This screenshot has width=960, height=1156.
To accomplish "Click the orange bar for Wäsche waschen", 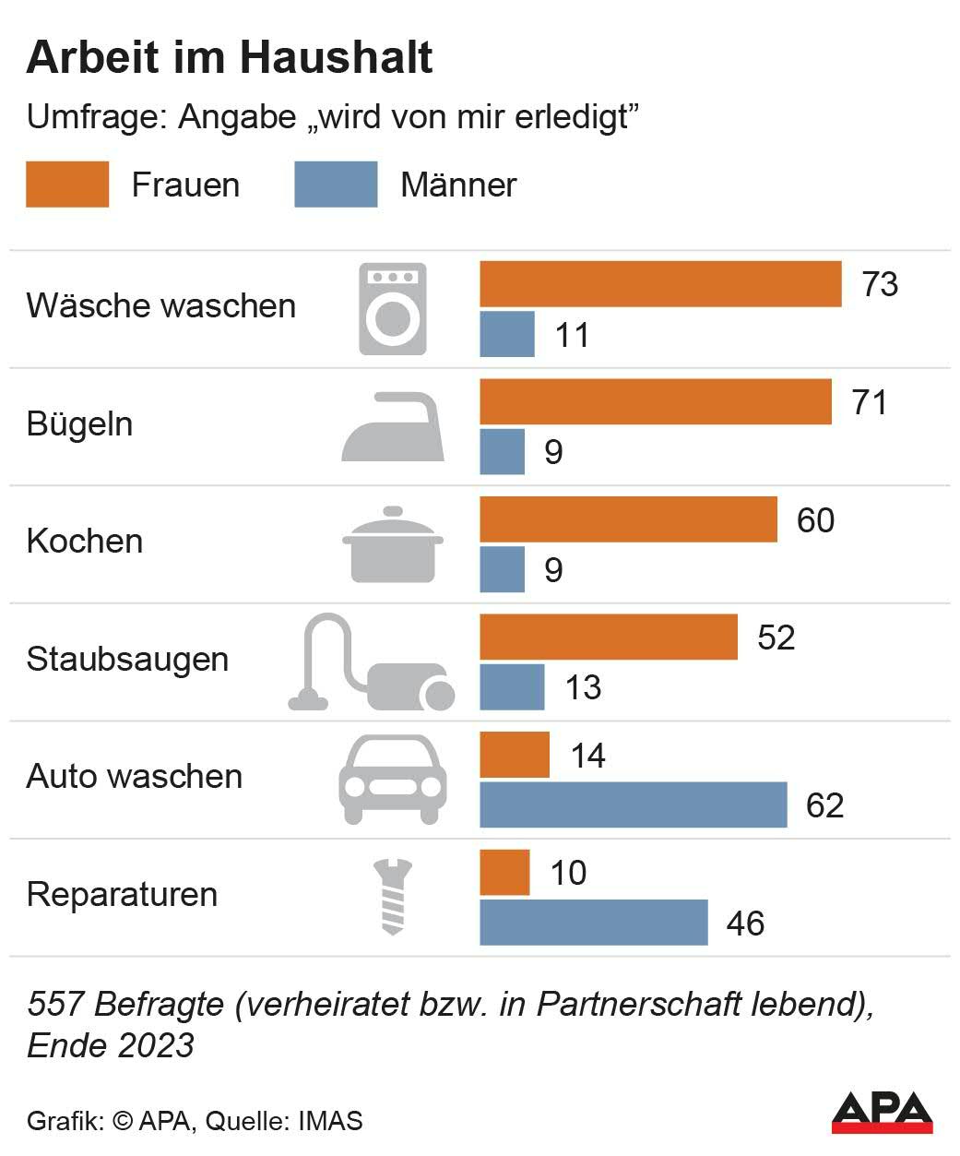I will [660, 284].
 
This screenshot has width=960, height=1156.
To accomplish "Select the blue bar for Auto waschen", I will [633, 804].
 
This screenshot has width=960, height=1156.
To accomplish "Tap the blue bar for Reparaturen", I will [593, 923].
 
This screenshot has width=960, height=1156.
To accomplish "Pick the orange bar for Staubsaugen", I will [609, 637].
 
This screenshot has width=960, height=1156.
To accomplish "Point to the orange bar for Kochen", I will [628, 519].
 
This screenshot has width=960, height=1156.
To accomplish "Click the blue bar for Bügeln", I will [502, 452].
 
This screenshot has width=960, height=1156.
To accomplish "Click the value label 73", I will [880, 284].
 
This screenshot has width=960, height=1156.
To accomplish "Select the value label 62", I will [824, 805].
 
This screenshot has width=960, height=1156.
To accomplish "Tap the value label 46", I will [745, 924].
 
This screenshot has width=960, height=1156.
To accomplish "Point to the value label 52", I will [776, 638].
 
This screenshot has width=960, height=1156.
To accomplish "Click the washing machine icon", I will [393, 309].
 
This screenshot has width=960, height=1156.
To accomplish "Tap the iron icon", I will [394, 426].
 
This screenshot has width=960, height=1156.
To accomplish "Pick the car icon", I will [394, 779].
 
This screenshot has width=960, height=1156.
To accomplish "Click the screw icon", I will [393, 896].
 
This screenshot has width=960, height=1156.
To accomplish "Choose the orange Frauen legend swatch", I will [67, 185].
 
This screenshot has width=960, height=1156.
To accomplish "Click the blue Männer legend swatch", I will [336, 185].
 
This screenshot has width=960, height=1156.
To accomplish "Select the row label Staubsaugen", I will [127, 660].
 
